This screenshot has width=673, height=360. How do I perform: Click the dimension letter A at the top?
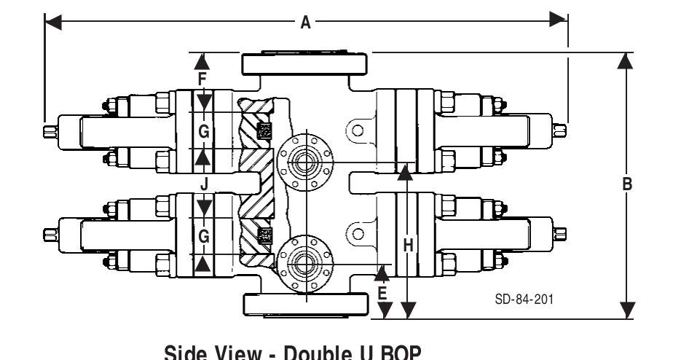(307, 23)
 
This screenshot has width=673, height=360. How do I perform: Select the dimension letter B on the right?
(625, 185)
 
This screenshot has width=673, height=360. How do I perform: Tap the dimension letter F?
(204, 77)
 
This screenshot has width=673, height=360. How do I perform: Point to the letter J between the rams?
(205, 185)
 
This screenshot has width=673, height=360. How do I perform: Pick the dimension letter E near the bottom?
(382, 294)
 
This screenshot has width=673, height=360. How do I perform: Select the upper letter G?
(205, 131)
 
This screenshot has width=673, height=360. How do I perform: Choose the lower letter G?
(205, 236)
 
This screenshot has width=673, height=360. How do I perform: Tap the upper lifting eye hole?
(357, 131)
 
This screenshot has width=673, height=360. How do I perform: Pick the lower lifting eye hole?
(357, 233)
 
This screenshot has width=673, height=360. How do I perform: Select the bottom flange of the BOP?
(306, 305)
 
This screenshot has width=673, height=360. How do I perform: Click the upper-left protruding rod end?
(48, 131)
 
